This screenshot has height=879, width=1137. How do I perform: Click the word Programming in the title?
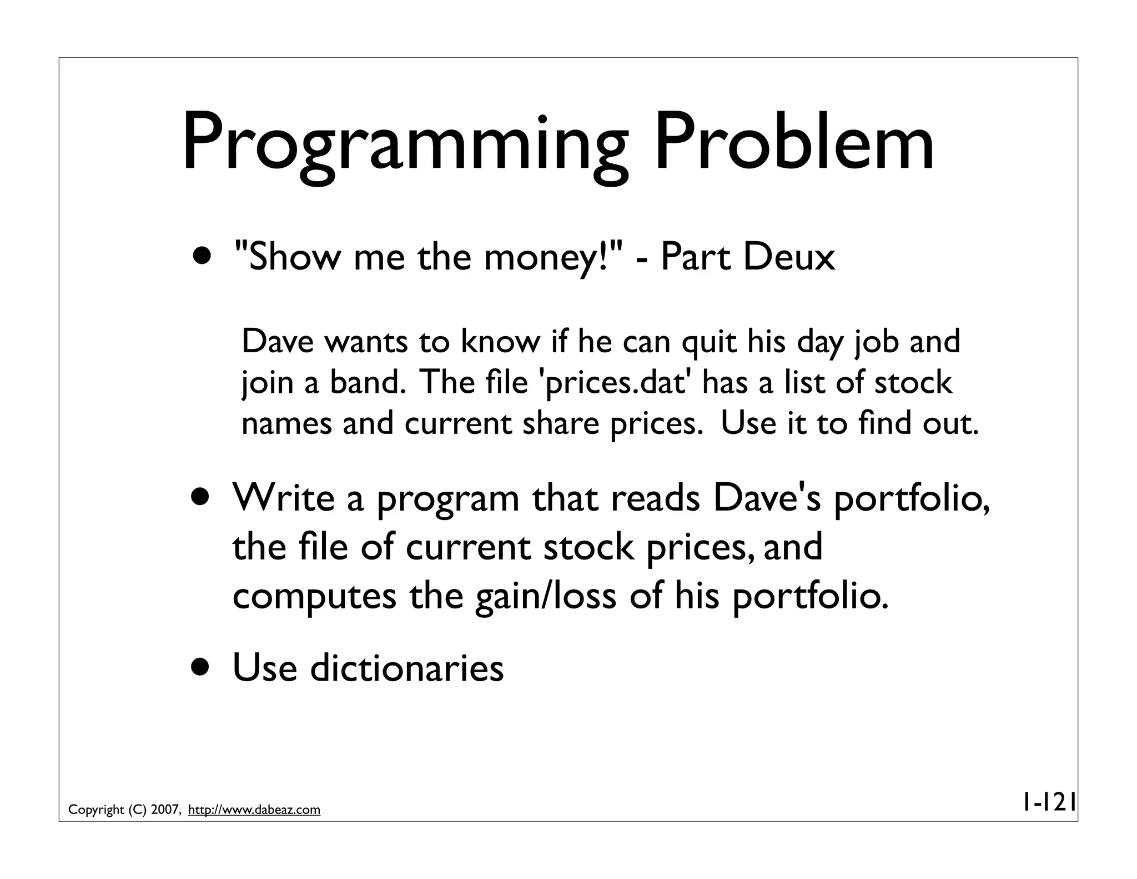(x=405, y=144)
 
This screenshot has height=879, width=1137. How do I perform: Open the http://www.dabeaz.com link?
(x=254, y=810)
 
